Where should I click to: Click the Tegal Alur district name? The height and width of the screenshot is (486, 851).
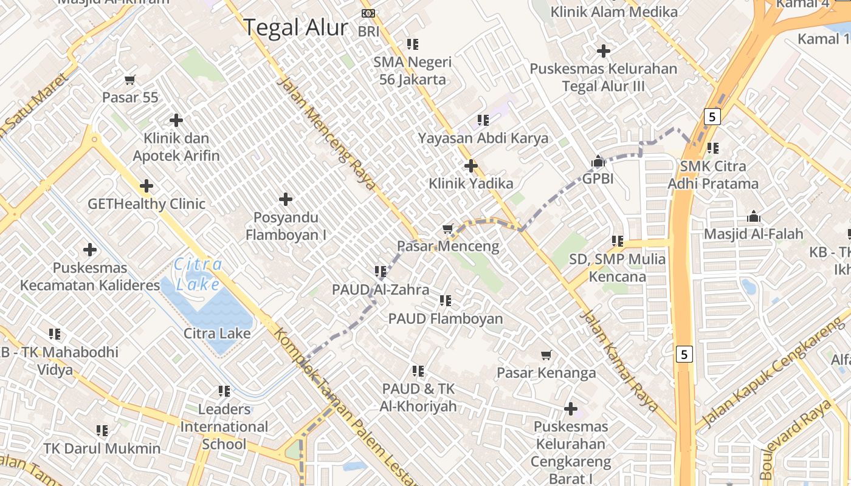tap(295, 28)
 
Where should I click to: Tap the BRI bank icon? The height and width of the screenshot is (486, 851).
tap(368, 13)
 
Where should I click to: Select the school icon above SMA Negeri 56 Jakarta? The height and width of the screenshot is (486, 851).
tap(413, 44)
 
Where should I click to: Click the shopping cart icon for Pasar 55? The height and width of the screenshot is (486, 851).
tap(129, 80)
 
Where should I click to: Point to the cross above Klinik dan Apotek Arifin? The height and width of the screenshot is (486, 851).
tap(176, 120)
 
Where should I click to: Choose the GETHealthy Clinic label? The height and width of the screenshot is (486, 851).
tap(146, 204)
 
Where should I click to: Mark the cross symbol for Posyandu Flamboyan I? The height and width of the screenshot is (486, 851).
tap(285, 199)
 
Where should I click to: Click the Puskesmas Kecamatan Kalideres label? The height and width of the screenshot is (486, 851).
tap(90, 276)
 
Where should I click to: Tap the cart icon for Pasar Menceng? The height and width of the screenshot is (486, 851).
tap(448, 229)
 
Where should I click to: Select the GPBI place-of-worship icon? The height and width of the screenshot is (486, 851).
tap(598, 162)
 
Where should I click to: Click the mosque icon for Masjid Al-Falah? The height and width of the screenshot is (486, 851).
tap(754, 216)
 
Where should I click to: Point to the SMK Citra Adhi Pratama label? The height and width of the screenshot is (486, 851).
tap(713, 175)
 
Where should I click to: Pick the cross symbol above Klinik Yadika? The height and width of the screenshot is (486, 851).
tap(470, 165)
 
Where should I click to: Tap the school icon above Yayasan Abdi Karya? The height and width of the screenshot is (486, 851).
tap(483, 120)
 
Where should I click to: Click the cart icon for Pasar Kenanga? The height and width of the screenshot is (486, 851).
tap(546, 355)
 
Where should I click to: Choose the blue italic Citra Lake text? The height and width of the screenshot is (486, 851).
tap(198, 274)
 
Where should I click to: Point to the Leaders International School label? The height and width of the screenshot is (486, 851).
tap(224, 426)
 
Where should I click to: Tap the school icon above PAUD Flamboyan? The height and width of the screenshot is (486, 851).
tap(446, 300)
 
